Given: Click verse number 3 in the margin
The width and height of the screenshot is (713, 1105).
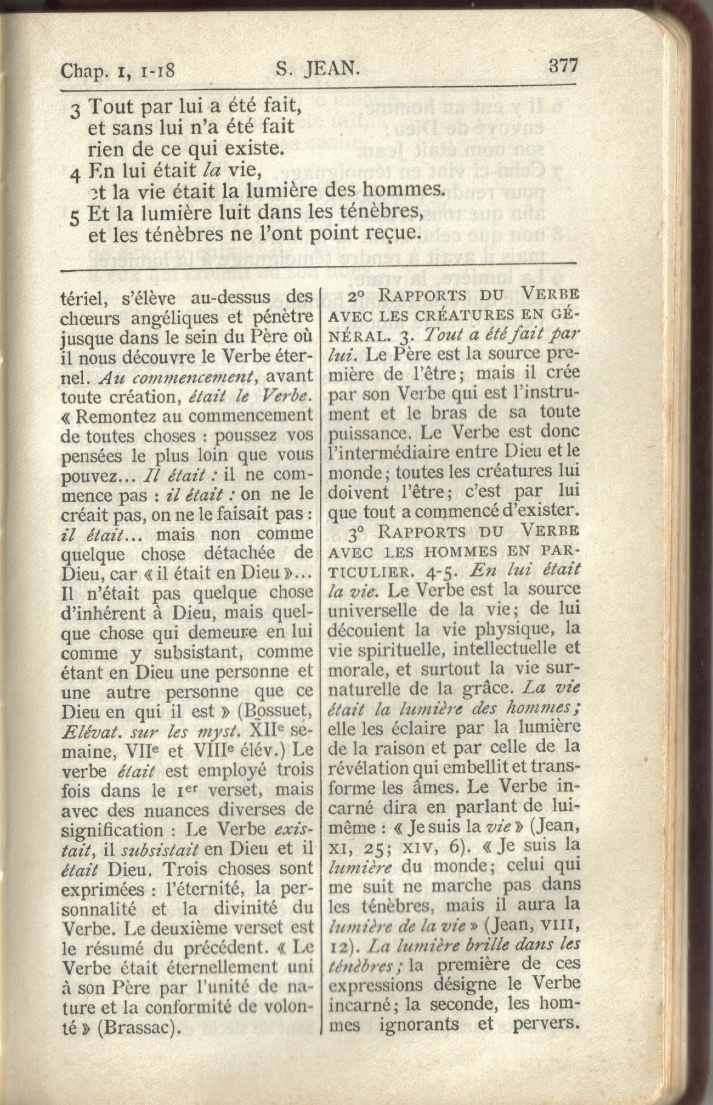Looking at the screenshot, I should click(75, 112).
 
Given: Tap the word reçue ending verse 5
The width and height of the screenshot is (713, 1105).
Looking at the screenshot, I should click(388, 232).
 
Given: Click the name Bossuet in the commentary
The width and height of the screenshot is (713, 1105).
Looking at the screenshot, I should click(275, 711).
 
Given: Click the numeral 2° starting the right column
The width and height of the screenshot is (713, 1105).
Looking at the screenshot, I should click(357, 297).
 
